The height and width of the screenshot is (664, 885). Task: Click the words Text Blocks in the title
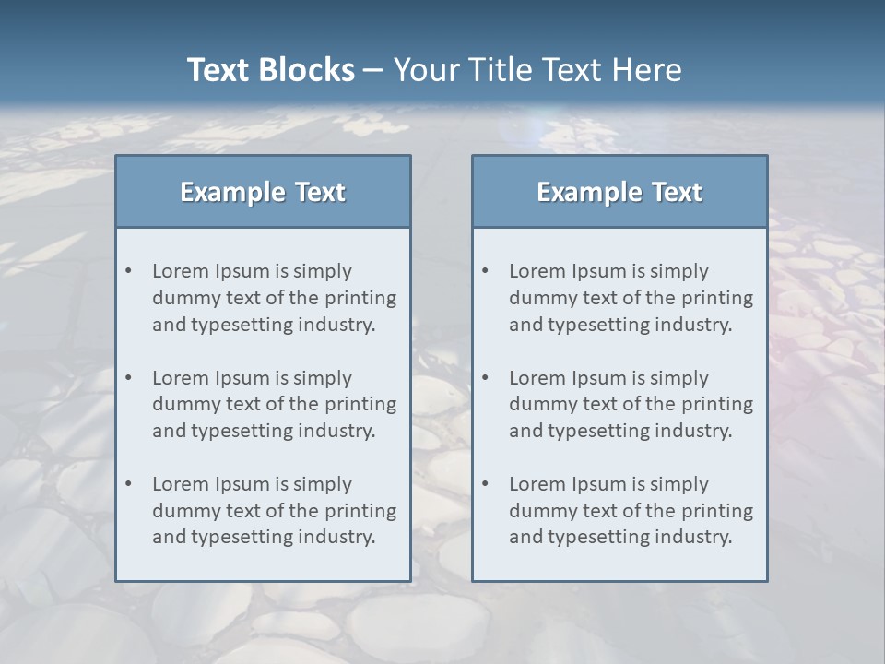coord(270,70)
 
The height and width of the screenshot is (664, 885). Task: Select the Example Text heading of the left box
coord(263,192)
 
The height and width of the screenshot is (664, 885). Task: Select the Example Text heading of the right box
coord(619,192)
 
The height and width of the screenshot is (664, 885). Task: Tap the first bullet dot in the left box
coord(128,271)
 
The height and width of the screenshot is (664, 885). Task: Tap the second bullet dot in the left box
coord(128,378)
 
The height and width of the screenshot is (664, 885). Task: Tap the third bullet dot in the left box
coord(128,484)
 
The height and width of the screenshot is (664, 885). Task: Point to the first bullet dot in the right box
coord(485,271)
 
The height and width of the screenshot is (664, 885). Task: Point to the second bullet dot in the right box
coord(485,378)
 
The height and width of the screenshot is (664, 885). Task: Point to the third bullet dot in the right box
coord(485,484)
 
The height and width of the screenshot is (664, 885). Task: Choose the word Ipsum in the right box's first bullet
coord(600,271)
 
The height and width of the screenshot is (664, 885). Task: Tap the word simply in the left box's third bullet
coord(323,484)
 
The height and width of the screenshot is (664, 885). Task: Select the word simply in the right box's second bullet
coord(679,378)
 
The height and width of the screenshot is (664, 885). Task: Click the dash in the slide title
coord(373,70)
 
